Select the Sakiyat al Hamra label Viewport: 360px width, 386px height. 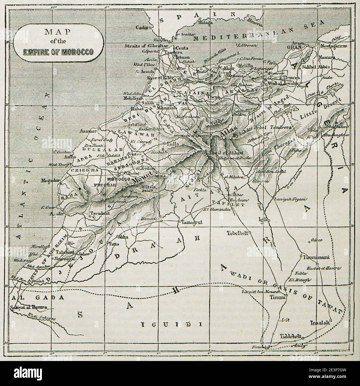pos(28,307)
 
